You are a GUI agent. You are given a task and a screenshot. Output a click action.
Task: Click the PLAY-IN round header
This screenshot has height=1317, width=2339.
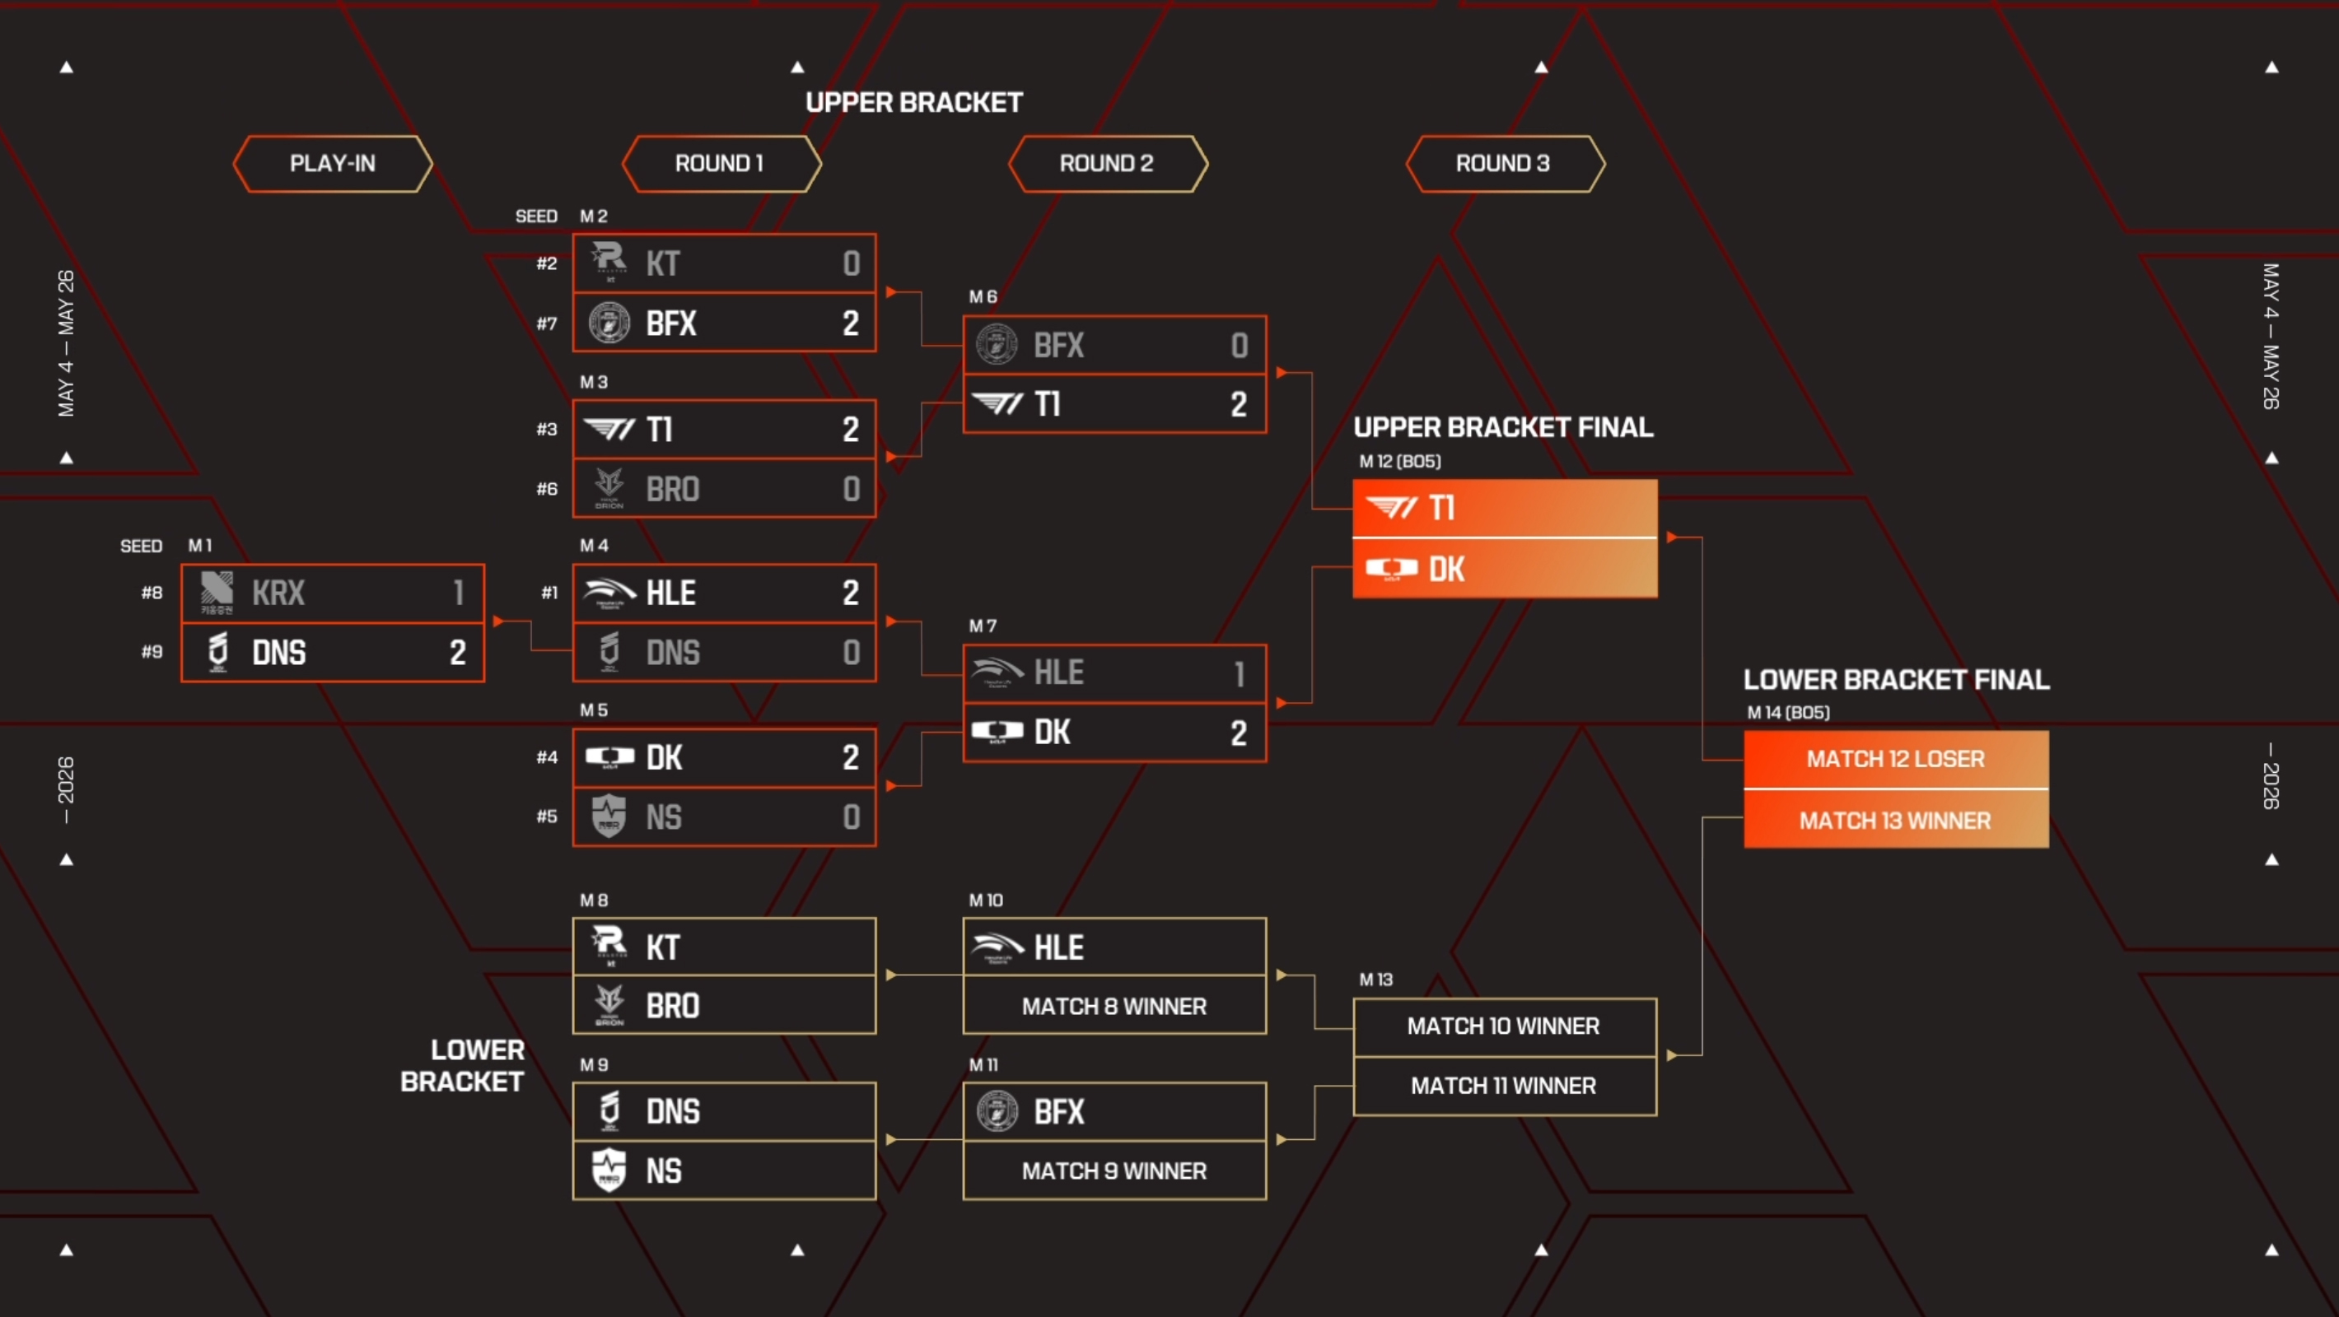(x=333, y=163)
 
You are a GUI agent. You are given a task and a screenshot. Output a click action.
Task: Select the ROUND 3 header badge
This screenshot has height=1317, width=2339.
(x=1505, y=163)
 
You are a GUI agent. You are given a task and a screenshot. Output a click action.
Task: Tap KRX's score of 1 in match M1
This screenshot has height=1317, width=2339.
(x=459, y=593)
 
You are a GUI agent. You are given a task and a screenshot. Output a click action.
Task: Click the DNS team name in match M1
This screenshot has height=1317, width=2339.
(x=278, y=653)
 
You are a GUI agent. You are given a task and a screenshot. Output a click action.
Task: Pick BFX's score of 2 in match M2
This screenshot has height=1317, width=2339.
(x=850, y=323)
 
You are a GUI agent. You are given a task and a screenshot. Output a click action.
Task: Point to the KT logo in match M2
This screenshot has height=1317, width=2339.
(x=609, y=262)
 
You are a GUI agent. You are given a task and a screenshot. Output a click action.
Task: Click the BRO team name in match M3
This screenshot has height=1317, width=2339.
(x=673, y=489)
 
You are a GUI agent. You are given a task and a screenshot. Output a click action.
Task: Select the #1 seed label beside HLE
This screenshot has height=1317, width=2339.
(x=549, y=593)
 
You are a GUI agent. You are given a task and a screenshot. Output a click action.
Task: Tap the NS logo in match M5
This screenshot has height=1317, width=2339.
(x=609, y=816)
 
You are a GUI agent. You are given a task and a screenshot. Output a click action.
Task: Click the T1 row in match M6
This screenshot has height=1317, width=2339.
(x=1114, y=404)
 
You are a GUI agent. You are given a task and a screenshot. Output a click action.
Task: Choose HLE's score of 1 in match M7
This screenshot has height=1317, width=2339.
(x=1240, y=673)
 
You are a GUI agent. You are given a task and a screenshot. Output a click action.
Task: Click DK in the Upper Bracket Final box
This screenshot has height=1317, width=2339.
(x=1445, y=569)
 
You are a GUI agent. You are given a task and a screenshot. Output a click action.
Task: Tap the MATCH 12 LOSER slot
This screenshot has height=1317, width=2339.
(x=1896, y=759)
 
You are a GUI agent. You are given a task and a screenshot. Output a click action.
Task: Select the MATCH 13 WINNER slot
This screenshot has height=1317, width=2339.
(x=1896, y=820)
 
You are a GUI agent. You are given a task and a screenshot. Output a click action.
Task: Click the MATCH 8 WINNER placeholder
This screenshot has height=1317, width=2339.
(x=1114, y=1006)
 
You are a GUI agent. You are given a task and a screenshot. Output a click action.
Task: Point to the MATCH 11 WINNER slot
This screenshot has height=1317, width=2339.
(x=1504, y=1086)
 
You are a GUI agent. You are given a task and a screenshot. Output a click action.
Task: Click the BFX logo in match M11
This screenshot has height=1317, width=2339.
(x=997, y=1111)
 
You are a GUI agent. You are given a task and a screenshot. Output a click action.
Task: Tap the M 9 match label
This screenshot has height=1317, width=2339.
(x=594, y=1064)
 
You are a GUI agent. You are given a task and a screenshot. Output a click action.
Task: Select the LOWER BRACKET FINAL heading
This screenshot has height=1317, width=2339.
(x=1896, y=680)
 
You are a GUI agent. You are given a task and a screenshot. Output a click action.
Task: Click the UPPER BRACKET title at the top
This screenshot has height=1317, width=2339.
(x=913, y=103)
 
